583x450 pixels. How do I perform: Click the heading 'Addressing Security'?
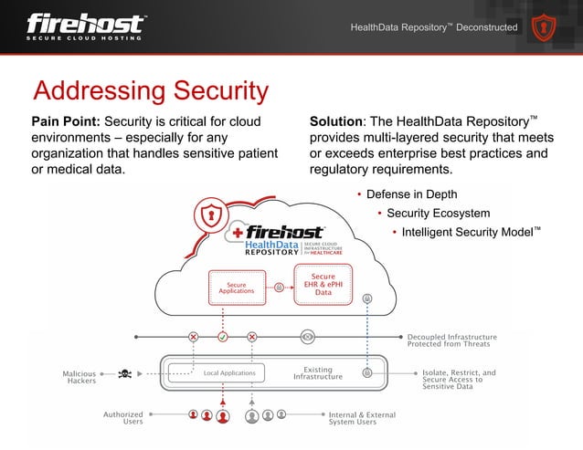coord(151,91)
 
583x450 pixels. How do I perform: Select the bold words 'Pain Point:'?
coord(67,121)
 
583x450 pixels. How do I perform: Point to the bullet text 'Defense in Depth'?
coord(412,194)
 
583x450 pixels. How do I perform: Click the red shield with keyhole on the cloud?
coord(212,216)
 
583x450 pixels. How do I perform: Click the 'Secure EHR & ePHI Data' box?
coord(323,284)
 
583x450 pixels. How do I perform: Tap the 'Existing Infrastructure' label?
coord(317,372)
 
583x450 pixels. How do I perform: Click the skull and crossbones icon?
coord(125,373)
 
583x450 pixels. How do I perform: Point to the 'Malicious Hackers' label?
coord(80,377)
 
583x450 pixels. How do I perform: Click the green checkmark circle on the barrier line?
coord(222,336)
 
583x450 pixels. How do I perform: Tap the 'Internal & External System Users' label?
coord(362,418)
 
